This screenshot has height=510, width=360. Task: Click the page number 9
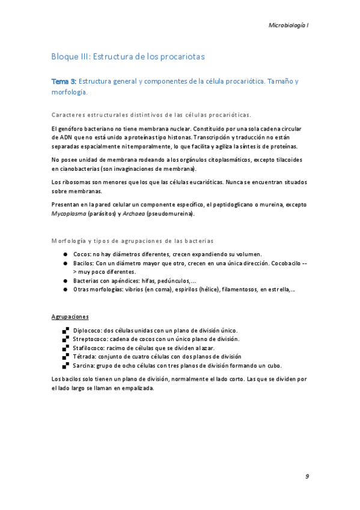307,476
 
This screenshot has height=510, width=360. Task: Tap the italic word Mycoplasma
69,213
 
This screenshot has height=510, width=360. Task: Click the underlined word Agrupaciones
70,316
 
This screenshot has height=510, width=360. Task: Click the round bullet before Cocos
64,254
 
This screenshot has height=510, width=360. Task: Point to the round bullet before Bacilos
64,263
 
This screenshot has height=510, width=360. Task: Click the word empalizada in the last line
136,387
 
